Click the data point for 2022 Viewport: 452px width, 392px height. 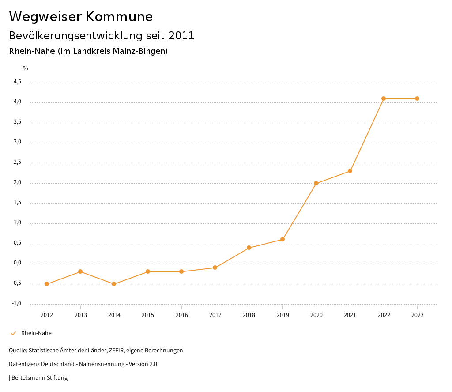[384, 98]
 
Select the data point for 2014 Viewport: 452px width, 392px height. [114, 284]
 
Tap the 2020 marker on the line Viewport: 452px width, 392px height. [316, 183]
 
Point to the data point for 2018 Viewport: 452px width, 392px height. [249, 248]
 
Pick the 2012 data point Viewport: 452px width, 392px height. [47, 284]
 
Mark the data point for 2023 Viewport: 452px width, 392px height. [417, 98]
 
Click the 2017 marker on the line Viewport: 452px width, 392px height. [215, 268]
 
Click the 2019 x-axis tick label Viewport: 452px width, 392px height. [282, 315]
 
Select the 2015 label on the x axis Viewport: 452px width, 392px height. [148, 315]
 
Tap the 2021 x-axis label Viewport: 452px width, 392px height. [350, 315]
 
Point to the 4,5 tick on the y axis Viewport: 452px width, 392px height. [17, 82]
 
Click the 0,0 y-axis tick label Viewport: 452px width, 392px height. [17, 263]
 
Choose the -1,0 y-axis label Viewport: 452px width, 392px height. [16, 303]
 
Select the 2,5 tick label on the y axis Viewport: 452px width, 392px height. [17, 162]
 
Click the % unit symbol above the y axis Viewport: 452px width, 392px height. [26, 68]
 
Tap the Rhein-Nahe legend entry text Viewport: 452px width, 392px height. [36, 333]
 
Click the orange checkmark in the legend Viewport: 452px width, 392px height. [13, 333]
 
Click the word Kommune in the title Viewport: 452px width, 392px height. [119, 17]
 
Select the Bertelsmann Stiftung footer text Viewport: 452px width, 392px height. [39, 378]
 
